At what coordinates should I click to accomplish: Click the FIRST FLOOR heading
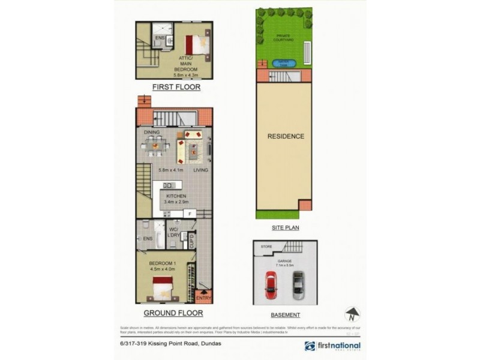point(175,87)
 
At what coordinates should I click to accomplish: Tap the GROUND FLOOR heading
point(172,313)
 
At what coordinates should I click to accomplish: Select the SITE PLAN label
point(285,228)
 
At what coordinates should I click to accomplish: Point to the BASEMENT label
point(286,314)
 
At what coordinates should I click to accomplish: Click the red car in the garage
point(271,285)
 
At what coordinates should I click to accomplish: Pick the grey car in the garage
point(298,285)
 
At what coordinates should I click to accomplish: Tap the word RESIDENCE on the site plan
point(286,136)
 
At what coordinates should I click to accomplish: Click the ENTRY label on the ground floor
point(203,298)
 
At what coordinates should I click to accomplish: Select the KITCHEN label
point(176,196)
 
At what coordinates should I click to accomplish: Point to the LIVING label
point(201,170)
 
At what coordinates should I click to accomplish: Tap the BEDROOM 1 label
point(163,263)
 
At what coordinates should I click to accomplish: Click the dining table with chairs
point(155,145)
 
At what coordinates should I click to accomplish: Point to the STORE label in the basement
point(266,247)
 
